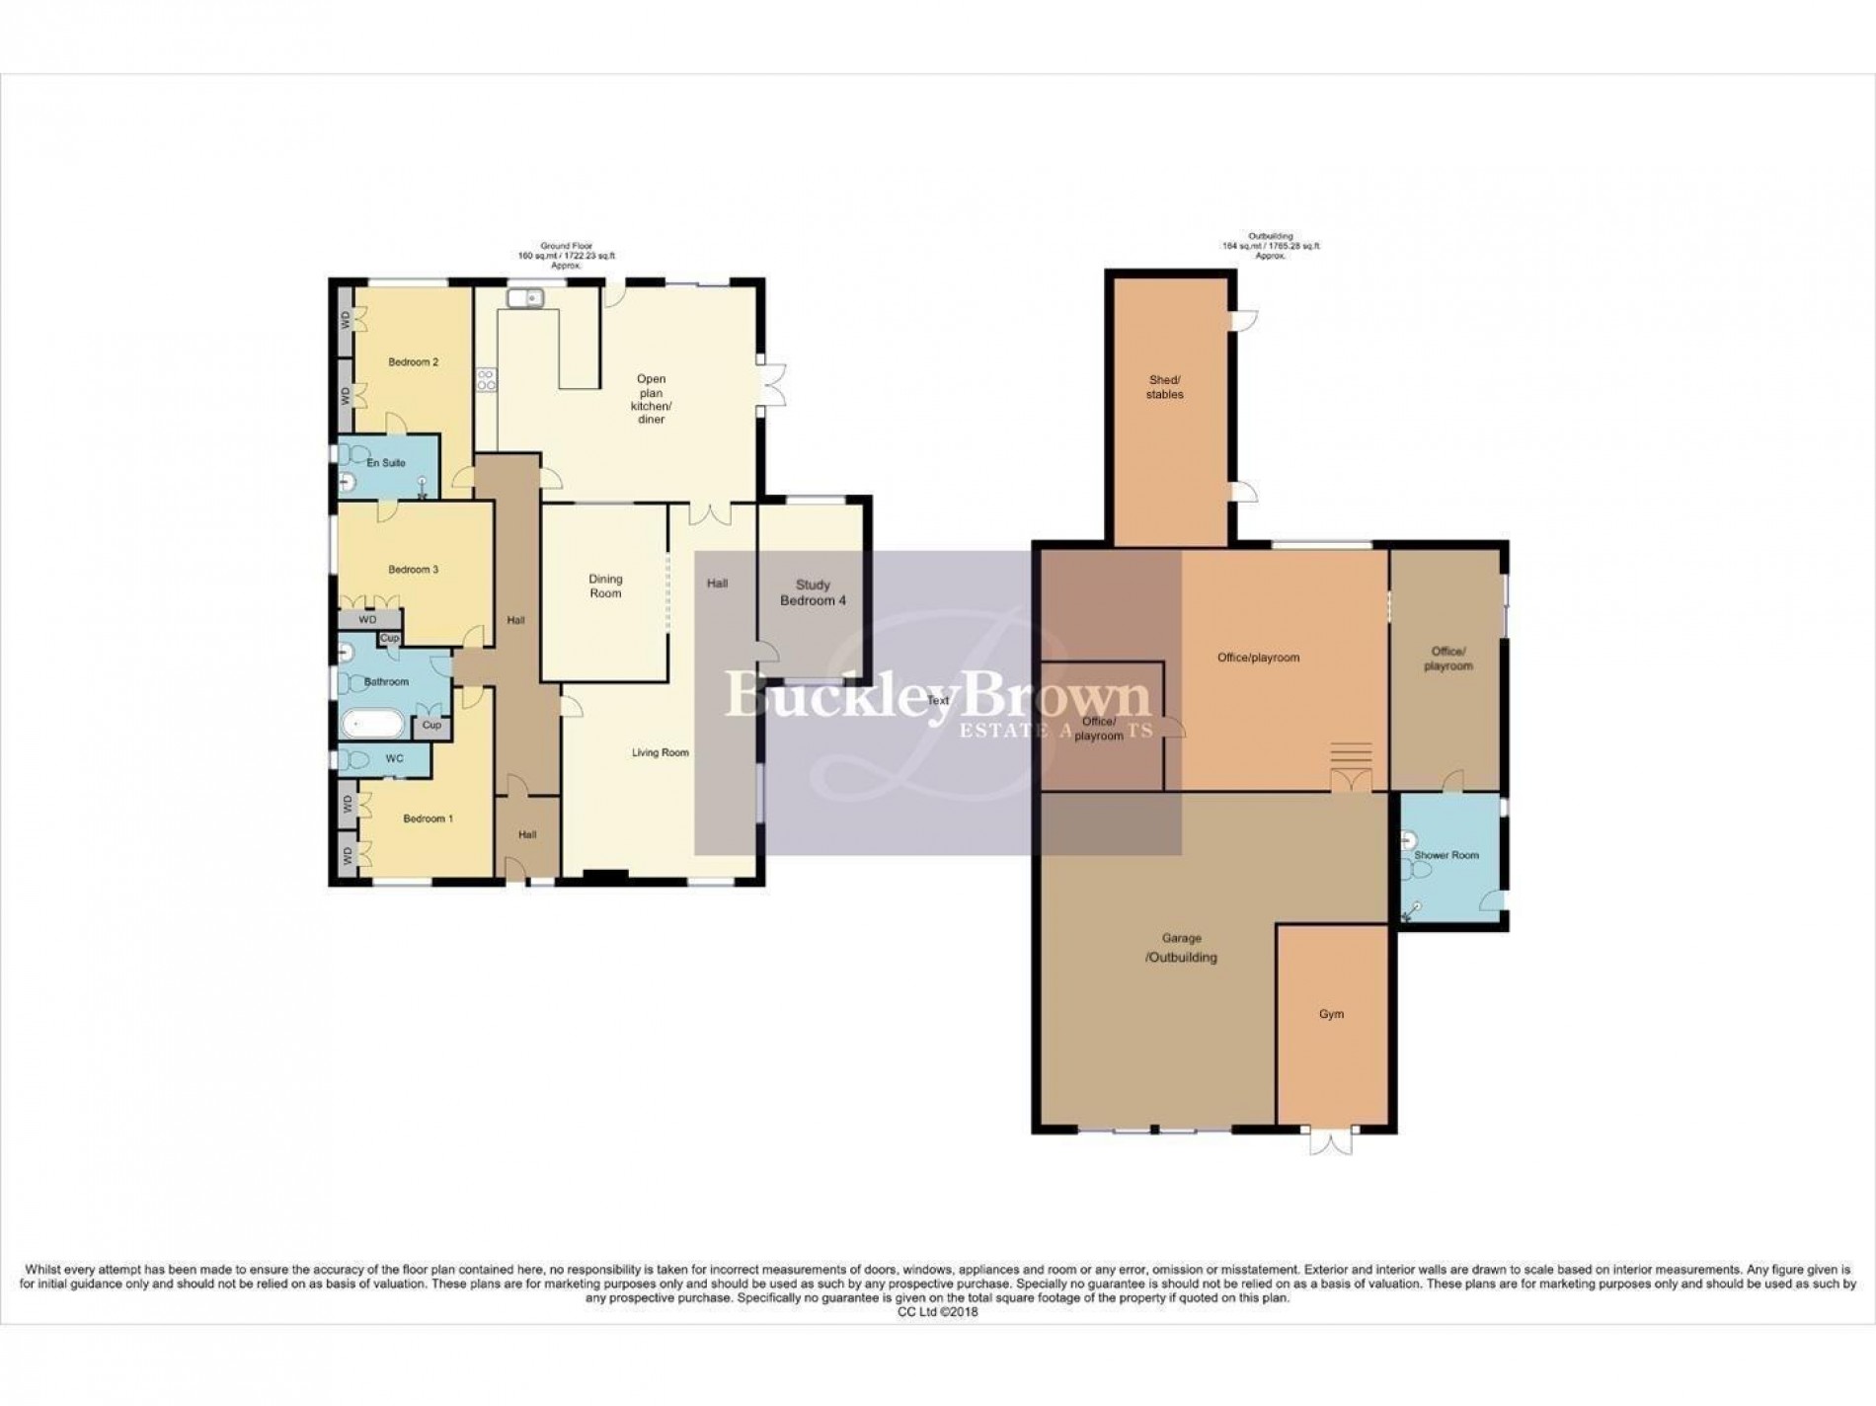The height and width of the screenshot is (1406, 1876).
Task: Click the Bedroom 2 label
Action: [413, 362]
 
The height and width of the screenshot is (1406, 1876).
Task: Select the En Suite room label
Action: [385, 463]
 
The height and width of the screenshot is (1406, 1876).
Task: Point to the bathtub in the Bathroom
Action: [372, 726]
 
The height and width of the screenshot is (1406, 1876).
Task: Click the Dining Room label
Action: [605, 586]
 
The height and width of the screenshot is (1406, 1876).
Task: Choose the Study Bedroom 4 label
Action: [813, 592]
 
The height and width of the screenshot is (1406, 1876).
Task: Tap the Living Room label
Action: [661, 753]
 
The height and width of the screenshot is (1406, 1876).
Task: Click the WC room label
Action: [394, 759]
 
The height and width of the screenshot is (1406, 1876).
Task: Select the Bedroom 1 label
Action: [428, 819]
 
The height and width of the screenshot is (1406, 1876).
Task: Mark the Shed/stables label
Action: [1165, 387]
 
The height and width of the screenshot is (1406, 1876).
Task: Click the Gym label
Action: [1331, 1014]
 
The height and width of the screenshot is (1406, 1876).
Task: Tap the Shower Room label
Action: [1446, 855]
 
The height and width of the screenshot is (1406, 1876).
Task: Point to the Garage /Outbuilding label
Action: [1181, 948]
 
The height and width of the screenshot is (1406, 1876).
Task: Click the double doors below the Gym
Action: [1330, 1142]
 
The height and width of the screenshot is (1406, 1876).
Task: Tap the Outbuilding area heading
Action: [1268, 246]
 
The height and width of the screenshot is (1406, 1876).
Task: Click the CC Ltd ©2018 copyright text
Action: [937, 1312]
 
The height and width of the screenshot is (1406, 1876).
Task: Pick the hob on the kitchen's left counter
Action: [486, 380]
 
